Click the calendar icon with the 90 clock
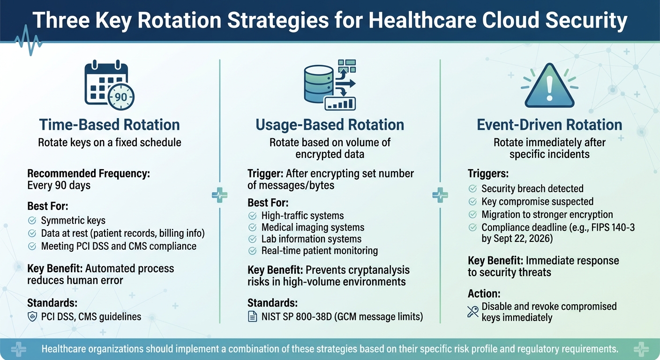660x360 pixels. tap(109, 84)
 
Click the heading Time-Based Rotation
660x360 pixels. tap(109, 125)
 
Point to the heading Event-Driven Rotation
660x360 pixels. tap(549, 125)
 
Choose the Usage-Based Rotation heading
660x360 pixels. tap(330, 125)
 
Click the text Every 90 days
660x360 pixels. tap(59, 185)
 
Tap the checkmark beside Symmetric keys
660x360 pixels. tap(32, 220)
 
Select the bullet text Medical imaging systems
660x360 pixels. tap(313, 227)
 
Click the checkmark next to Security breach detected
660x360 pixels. tap(473, 188)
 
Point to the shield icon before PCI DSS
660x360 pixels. tap(32, 316)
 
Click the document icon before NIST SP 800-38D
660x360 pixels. tap(252, 317)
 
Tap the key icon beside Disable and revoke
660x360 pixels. tap(473, 312)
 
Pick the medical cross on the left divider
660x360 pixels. tap(220, 195)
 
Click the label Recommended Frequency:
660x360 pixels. tap(89, 173)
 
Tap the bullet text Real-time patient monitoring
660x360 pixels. tap(319, 250)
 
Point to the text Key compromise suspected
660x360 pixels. tap(537, 202)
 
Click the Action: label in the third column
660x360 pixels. tap(484, 293)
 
